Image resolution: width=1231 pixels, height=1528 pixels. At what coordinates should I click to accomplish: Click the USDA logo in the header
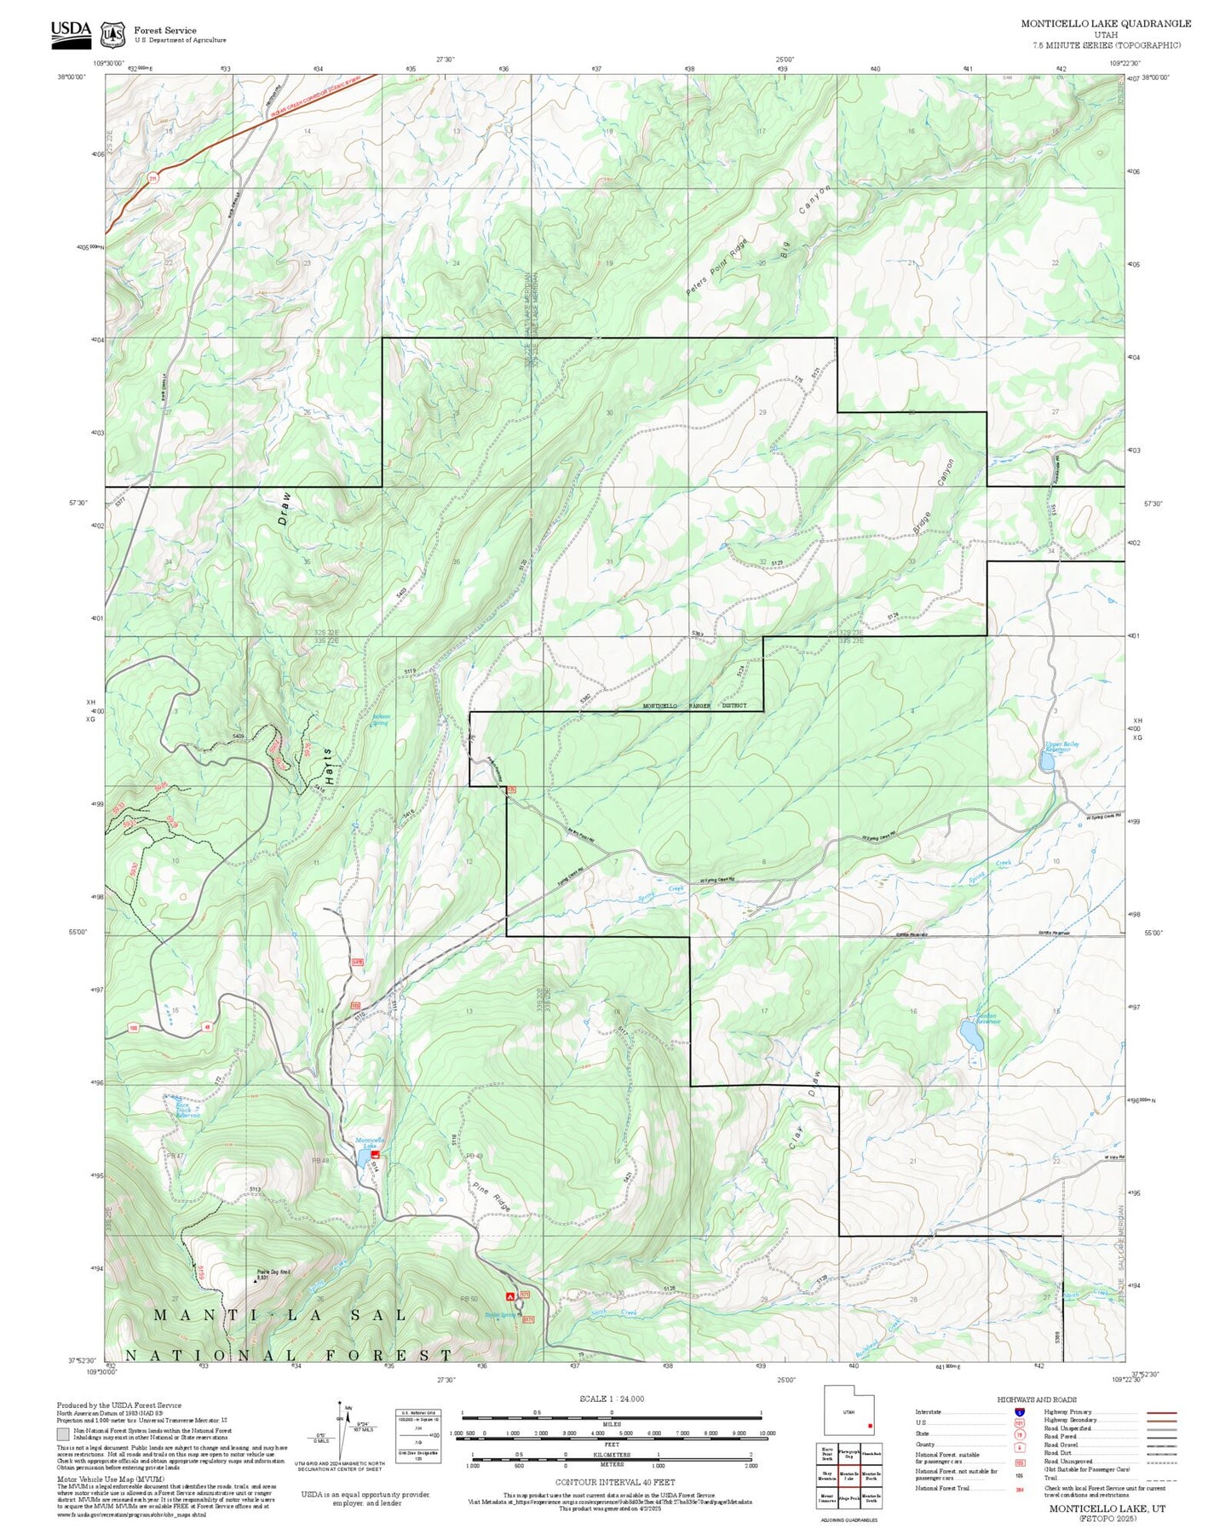coord(70,31)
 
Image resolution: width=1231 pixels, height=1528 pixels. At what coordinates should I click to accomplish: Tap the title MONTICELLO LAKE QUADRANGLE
coord(1106,24)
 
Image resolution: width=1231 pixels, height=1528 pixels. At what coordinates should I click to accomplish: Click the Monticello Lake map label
coord(370,1142)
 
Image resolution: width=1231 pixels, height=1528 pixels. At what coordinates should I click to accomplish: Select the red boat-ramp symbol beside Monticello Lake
coord(375,1154)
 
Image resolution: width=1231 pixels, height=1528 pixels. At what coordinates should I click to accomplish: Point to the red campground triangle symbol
coord(510,1296)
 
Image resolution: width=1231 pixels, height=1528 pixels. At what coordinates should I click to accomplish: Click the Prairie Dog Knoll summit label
coord(274,1274)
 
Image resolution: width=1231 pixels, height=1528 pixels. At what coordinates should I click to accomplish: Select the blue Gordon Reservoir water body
coord(969,1034)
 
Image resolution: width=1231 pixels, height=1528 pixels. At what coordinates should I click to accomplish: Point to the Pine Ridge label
coord(491,1195)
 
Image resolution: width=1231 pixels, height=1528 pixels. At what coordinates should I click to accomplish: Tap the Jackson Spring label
coord(380,720)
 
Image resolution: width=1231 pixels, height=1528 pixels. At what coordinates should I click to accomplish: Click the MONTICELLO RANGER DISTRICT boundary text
coord(693,706)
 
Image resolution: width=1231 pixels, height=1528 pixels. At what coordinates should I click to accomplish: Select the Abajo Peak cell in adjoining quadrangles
coord(848,1498)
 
